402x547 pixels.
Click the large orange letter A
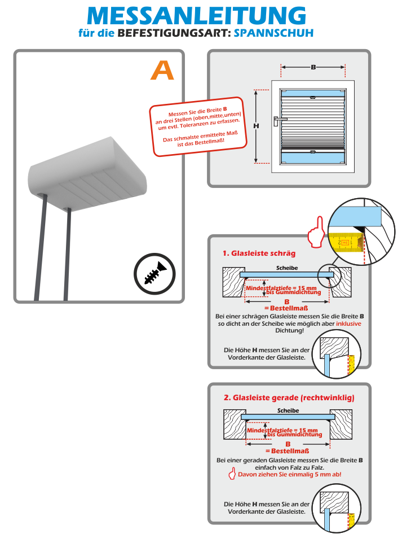162,70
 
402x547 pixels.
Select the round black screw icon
154,275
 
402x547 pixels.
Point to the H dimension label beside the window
255,126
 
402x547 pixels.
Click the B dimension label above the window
313,67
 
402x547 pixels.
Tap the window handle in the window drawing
278,120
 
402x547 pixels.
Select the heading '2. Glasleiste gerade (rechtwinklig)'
289,397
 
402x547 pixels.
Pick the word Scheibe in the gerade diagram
288,410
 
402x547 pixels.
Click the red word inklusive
348,324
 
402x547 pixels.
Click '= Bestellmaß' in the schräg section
286,308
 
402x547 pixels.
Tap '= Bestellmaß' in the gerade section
286,452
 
